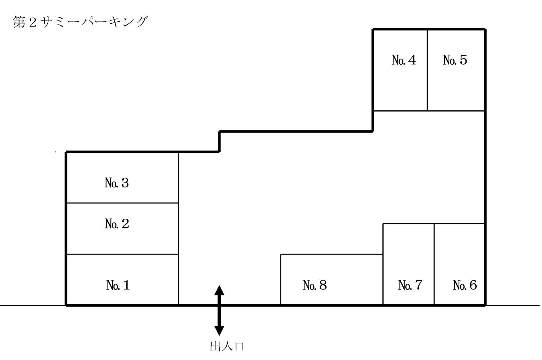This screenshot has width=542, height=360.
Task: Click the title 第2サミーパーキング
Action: (80, 22)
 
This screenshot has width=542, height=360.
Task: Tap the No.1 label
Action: (118, 285)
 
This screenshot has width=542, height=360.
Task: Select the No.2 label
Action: (117, 224)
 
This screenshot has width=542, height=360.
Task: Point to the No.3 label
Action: (117, 183)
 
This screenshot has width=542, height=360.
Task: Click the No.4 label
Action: (404, 60)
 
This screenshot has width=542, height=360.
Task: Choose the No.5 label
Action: (455, 60)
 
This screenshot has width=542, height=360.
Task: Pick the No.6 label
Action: (465, 285)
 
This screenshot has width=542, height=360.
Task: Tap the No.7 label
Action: (410, 285)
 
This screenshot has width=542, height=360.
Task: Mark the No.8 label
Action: (315, 285)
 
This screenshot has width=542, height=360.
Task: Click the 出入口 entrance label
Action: (227, 346)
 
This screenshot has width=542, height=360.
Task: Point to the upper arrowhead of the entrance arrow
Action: (219, 289)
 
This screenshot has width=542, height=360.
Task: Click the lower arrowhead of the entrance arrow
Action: (219, 330)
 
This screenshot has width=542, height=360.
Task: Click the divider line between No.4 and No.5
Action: (427, 70)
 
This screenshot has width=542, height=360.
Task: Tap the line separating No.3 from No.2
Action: (122, 203)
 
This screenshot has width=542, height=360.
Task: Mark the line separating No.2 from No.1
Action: (122, 254)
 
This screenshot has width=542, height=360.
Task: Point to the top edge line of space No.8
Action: (331, 254)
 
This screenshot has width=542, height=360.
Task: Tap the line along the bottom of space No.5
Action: (456, 111)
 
